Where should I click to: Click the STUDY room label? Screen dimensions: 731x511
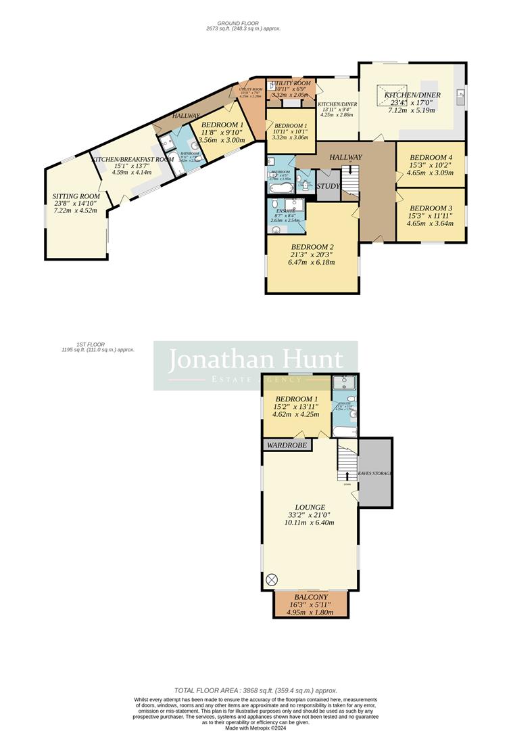coord(328,186)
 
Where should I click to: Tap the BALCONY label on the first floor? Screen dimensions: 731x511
coord(310,598)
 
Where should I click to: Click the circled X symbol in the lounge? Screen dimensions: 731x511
coord(272,579)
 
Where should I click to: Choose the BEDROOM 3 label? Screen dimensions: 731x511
coord(431,208)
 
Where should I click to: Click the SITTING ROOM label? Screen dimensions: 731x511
coord(76,196)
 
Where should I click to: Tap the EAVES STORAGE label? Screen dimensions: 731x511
coord(375,473)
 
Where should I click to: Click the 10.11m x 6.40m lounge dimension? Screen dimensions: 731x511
coord(310,523)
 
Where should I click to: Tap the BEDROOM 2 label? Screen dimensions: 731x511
coord(313,247)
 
